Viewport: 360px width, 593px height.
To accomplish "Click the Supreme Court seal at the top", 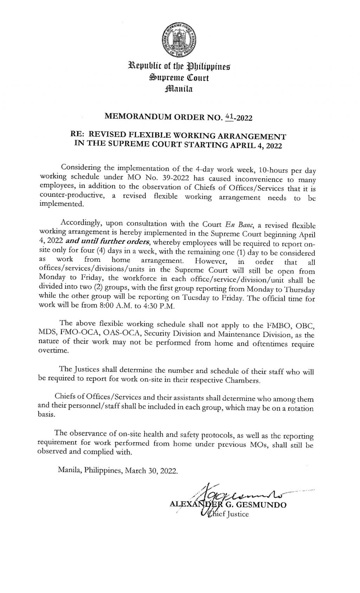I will [x=180, y=41].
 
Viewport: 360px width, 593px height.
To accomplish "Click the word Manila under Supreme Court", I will [x=180, y=89].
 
